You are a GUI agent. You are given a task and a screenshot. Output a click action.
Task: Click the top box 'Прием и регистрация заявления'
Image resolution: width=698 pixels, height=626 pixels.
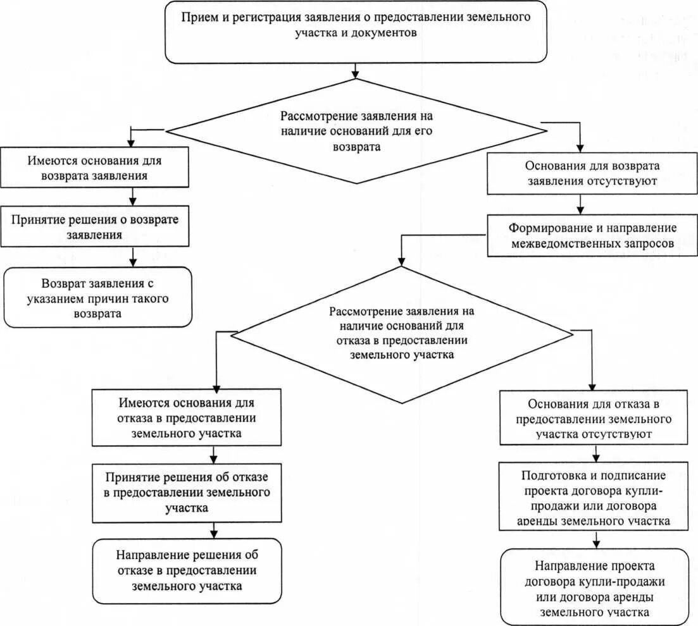click(356, 31)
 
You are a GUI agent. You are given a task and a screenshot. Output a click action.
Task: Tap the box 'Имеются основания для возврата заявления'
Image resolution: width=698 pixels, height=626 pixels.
click(94, 168)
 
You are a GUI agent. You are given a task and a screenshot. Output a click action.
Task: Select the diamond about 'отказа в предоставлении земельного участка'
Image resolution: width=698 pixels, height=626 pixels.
click(401, 334)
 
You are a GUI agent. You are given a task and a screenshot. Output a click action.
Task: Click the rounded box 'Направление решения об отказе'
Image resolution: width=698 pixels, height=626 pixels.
click(187, 570)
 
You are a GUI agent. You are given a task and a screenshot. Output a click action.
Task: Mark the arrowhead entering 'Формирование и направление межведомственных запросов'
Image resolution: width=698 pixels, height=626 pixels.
click(581, 211)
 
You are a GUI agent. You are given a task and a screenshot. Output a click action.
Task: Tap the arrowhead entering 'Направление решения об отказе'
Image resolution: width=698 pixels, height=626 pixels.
click(215, 533)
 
